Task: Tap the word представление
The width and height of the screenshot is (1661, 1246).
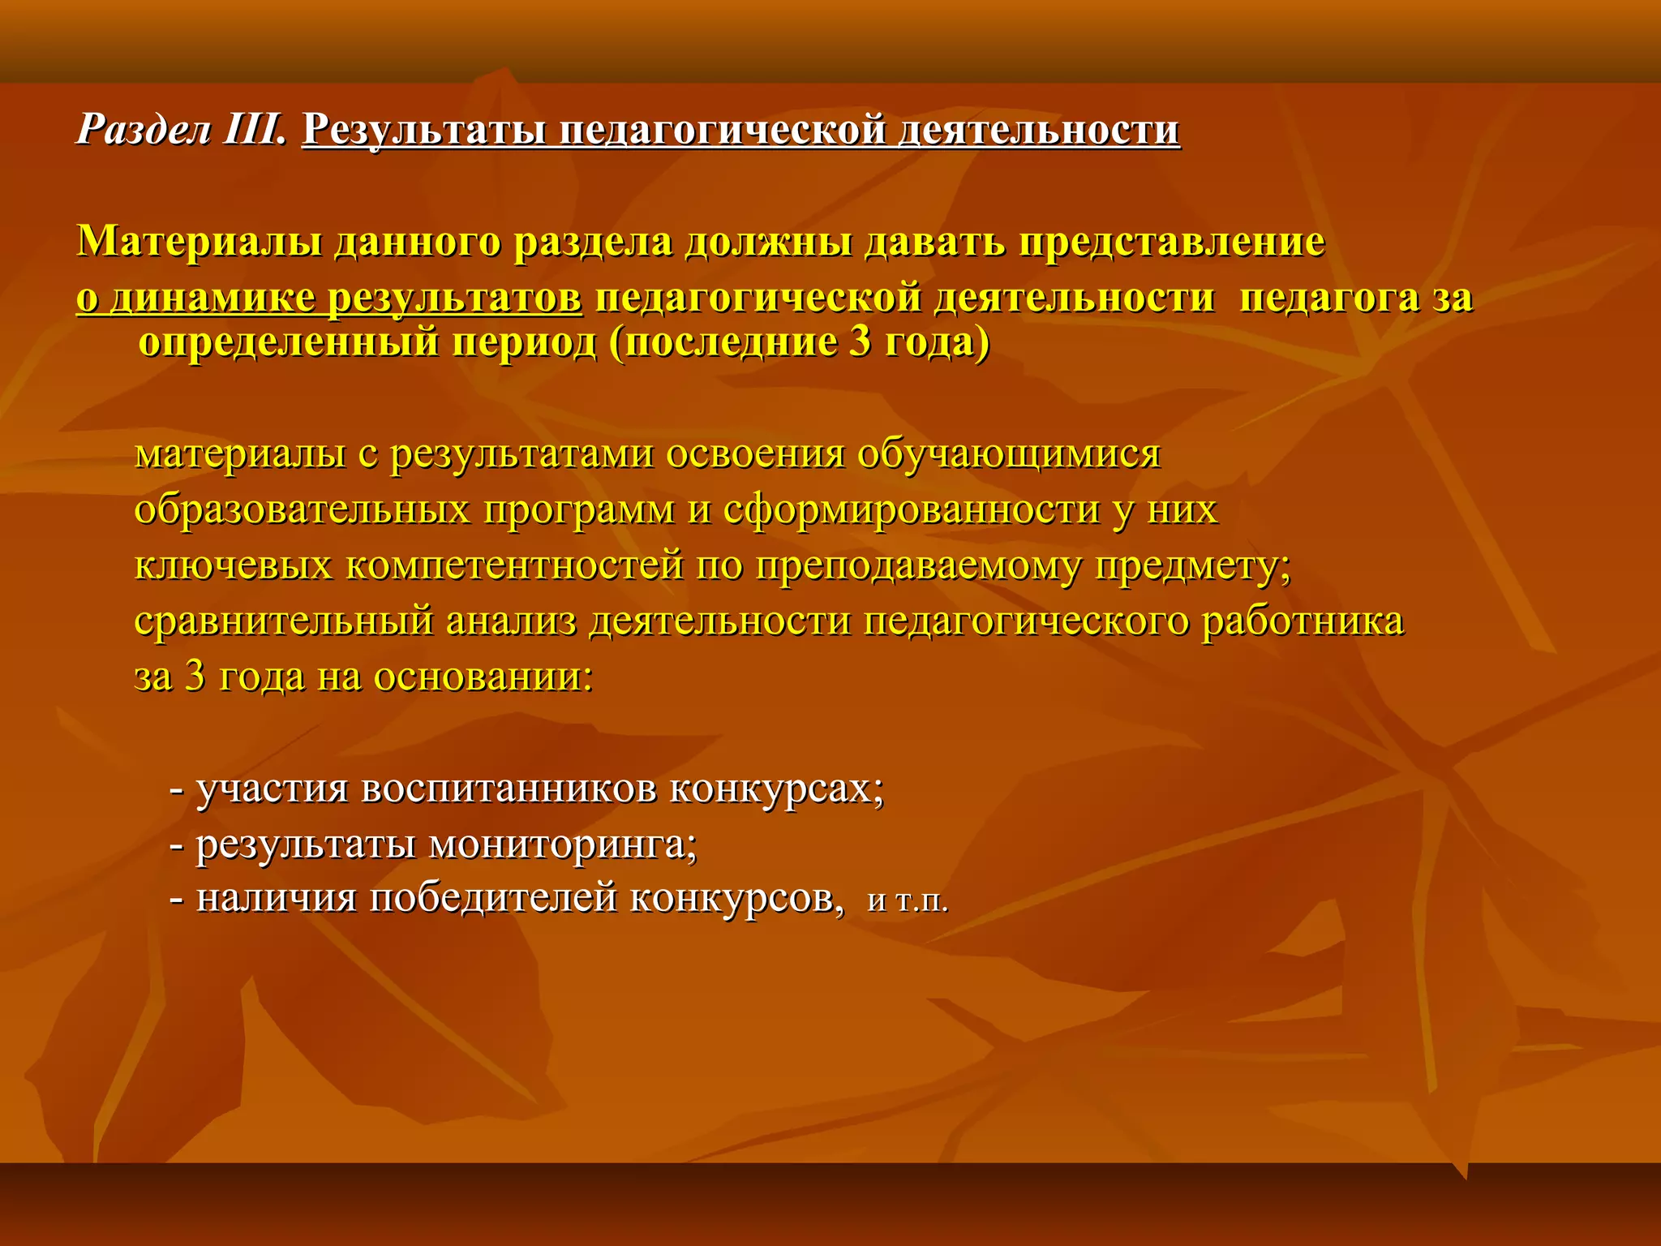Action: click(1171, 242)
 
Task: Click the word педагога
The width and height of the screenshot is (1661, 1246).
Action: click(1329, 299)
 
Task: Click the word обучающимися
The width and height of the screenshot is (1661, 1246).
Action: click(1009, 454)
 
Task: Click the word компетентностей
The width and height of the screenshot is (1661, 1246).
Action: click(515, 565)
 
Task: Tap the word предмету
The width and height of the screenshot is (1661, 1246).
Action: click(1192, 565)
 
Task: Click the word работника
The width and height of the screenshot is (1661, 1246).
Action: click(1303, 621)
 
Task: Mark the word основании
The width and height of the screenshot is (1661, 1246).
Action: click(483, 677)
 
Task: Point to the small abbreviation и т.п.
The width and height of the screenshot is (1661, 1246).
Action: click(908, 902)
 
